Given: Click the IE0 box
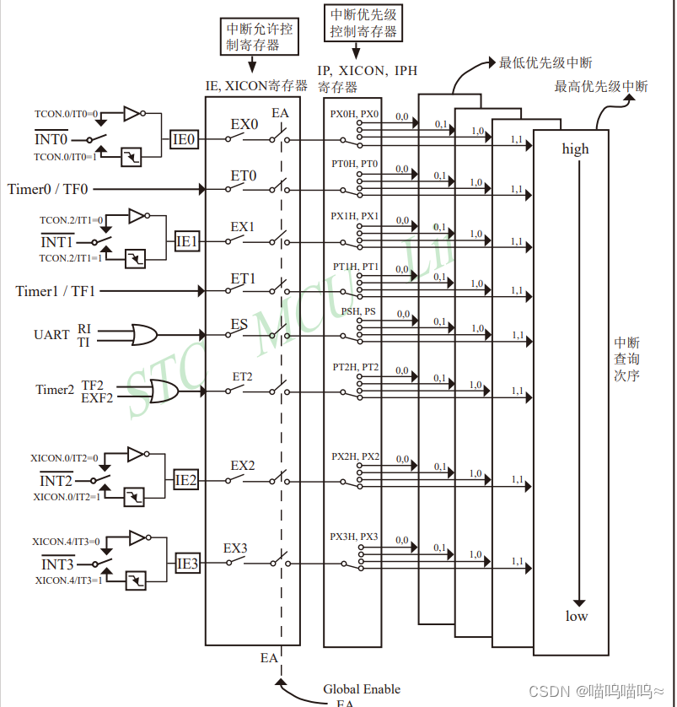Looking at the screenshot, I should [x=185, y=140].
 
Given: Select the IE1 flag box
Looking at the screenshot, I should [x=187, y=241].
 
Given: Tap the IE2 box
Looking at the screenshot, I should [x=186, y=480].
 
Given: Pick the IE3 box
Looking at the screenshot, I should [x=187, y=564].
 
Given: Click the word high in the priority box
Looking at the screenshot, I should [x=576, y=149].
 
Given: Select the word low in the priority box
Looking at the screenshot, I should [x=577, y=616].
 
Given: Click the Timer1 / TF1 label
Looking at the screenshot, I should [x=56, y=291].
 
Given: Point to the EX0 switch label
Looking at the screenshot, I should [x=244, y=124].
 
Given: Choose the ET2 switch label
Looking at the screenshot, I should [x=243, y=376].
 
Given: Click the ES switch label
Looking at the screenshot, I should [x=239, y=324].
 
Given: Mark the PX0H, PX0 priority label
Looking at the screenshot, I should [x=355, y=114].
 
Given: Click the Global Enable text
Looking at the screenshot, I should [x=362, y=689].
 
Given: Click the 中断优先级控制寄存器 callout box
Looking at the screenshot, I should [x=363, y=23].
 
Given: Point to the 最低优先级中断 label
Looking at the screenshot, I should [x=545, y=62].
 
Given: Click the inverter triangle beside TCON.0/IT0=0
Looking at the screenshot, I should [x=132, y=113].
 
